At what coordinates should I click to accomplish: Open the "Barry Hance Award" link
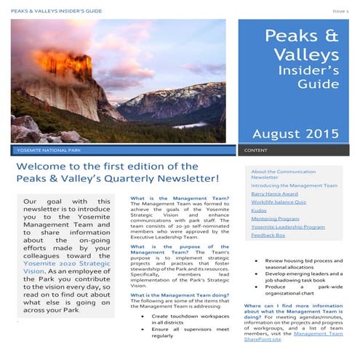point(274,194)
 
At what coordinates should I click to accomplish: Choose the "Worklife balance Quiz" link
point(278,205)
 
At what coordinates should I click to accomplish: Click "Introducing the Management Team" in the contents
point(294,185)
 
